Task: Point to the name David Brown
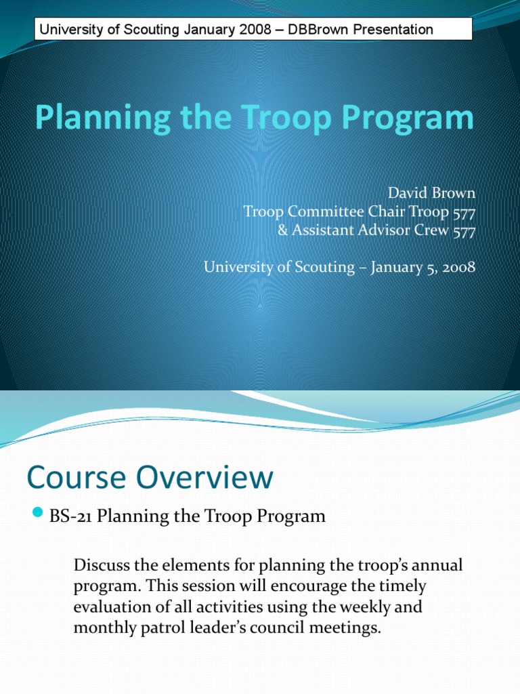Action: coord(432,194)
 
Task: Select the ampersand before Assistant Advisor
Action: coord(282,230)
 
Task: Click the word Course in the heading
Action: coord(72,478)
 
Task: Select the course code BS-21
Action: coord(72,516)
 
